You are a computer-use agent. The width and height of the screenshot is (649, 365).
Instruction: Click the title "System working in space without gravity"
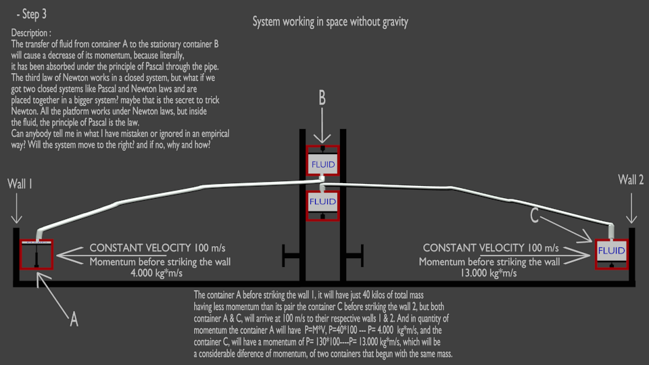click(330, 22)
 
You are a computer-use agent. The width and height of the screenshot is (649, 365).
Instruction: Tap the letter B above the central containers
click(322, 98)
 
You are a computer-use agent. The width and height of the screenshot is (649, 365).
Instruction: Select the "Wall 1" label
click(20, 183)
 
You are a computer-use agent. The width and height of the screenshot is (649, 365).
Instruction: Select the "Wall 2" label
click(631, 179)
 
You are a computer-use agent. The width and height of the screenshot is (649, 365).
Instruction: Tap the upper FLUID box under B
click(322, 164)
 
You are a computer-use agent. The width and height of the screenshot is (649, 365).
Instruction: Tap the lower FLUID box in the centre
click(322, 201)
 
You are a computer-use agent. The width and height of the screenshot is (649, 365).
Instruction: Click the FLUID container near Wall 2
click(612, 249)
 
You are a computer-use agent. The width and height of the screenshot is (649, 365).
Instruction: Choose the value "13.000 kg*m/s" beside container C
click(489, 274)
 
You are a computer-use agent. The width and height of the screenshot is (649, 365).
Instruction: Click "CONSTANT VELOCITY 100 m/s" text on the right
click(491, 248)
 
